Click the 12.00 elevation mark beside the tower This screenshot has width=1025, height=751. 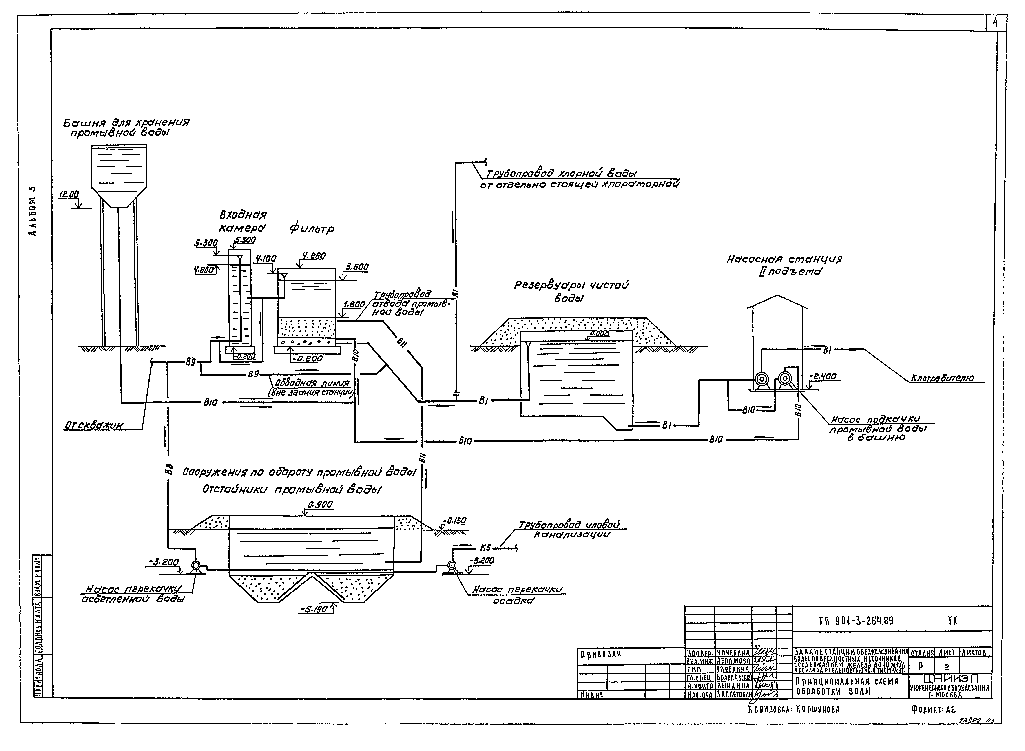pos(69,194)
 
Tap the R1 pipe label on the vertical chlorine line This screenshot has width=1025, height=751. pos(456,293)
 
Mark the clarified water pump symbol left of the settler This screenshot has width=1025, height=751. pos(196,565)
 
